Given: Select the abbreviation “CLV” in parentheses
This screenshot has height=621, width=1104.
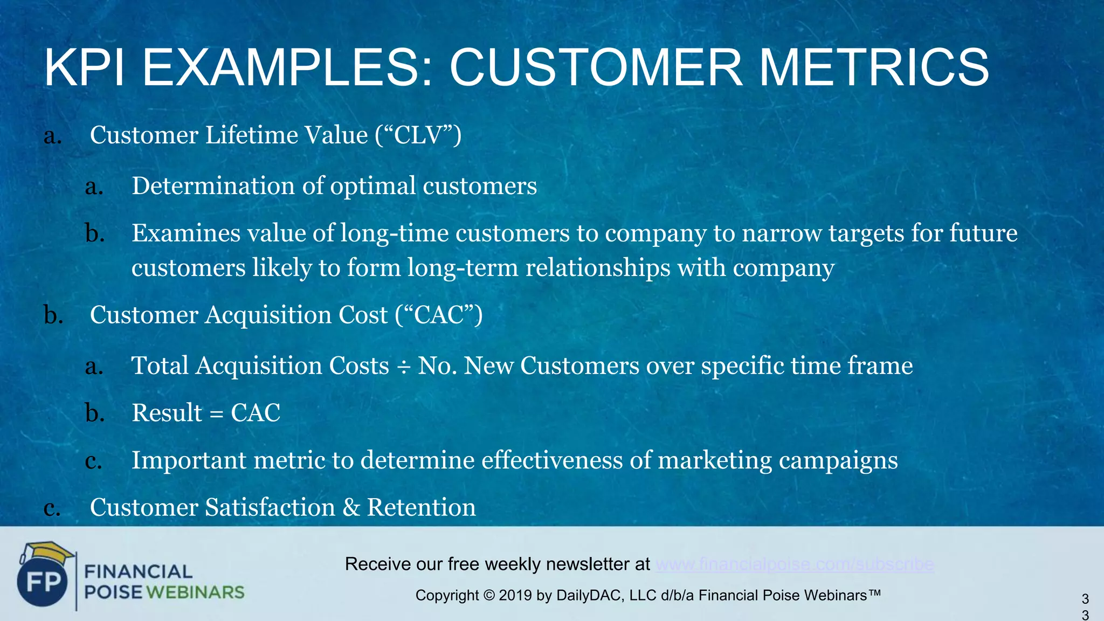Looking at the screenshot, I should (x=418, y=135).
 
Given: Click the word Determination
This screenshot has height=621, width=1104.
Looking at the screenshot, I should (x=213, y=186).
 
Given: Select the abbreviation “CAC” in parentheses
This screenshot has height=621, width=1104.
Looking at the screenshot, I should (x=439, y=315).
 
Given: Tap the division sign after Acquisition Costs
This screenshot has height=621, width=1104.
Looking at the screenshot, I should (x=403, y=367).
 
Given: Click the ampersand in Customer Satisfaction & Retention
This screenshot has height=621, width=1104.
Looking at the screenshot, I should (x=351, y=508).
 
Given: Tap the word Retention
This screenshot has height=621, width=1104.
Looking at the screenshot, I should (x=422, y=508).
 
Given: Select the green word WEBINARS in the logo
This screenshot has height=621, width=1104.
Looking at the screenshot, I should (x=195, y=592).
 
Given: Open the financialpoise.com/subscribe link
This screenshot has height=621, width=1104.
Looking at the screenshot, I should (x=795, y=564).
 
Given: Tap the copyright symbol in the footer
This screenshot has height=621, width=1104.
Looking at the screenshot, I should (x=488, y=596).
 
